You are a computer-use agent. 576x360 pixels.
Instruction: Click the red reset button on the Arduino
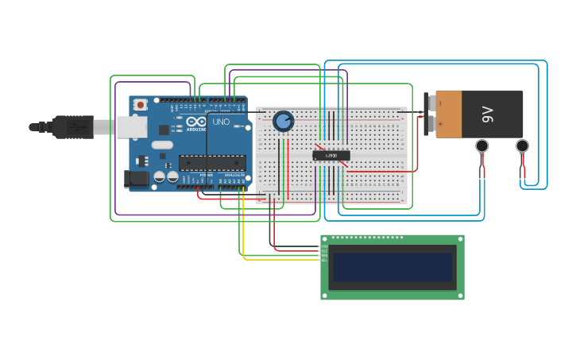[x=141, y=104]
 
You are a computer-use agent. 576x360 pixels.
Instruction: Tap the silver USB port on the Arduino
[x=130, y=126]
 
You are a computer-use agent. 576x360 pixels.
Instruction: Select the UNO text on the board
[x=220, y=122]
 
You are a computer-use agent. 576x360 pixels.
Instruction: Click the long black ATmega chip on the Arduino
[x=211, y=162]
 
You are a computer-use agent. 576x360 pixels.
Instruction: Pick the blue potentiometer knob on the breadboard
[x=283, y=121]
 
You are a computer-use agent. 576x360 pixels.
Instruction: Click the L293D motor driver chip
[x=331, y=155]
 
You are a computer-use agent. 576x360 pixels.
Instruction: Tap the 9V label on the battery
[x=488, y=114]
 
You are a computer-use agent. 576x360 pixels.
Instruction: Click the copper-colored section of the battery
[x=449, y=114]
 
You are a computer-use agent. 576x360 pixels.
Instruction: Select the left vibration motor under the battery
[x=481, y=146]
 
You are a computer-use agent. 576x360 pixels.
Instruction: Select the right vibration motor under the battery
[x=522, y=146]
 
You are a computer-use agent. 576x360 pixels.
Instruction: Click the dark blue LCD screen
[x=392, y=267]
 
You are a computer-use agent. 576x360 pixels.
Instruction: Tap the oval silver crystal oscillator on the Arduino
[x=162, y=145]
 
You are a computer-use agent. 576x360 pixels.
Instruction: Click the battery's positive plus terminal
[x=429, y=123]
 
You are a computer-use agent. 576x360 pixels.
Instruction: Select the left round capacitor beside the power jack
[x=159, y=176]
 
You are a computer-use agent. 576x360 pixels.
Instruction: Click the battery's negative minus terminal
[x=429, y=103]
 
